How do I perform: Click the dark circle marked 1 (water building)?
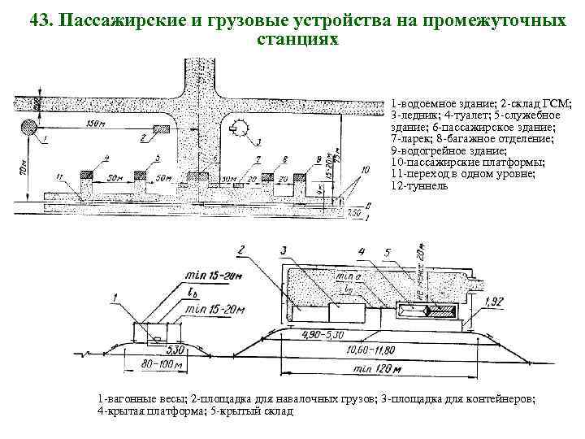click(x=29, y=127)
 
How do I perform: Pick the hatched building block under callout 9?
click(x=300, y=173)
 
